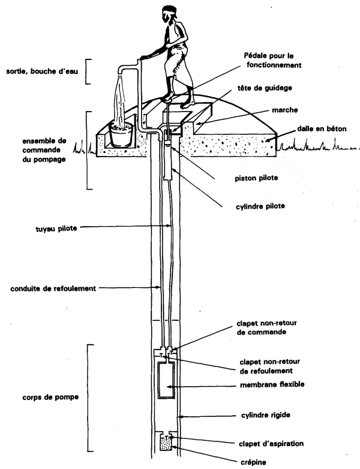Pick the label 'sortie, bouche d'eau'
(x=38, y=71)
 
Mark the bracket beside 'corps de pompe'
(x=89, y=398)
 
